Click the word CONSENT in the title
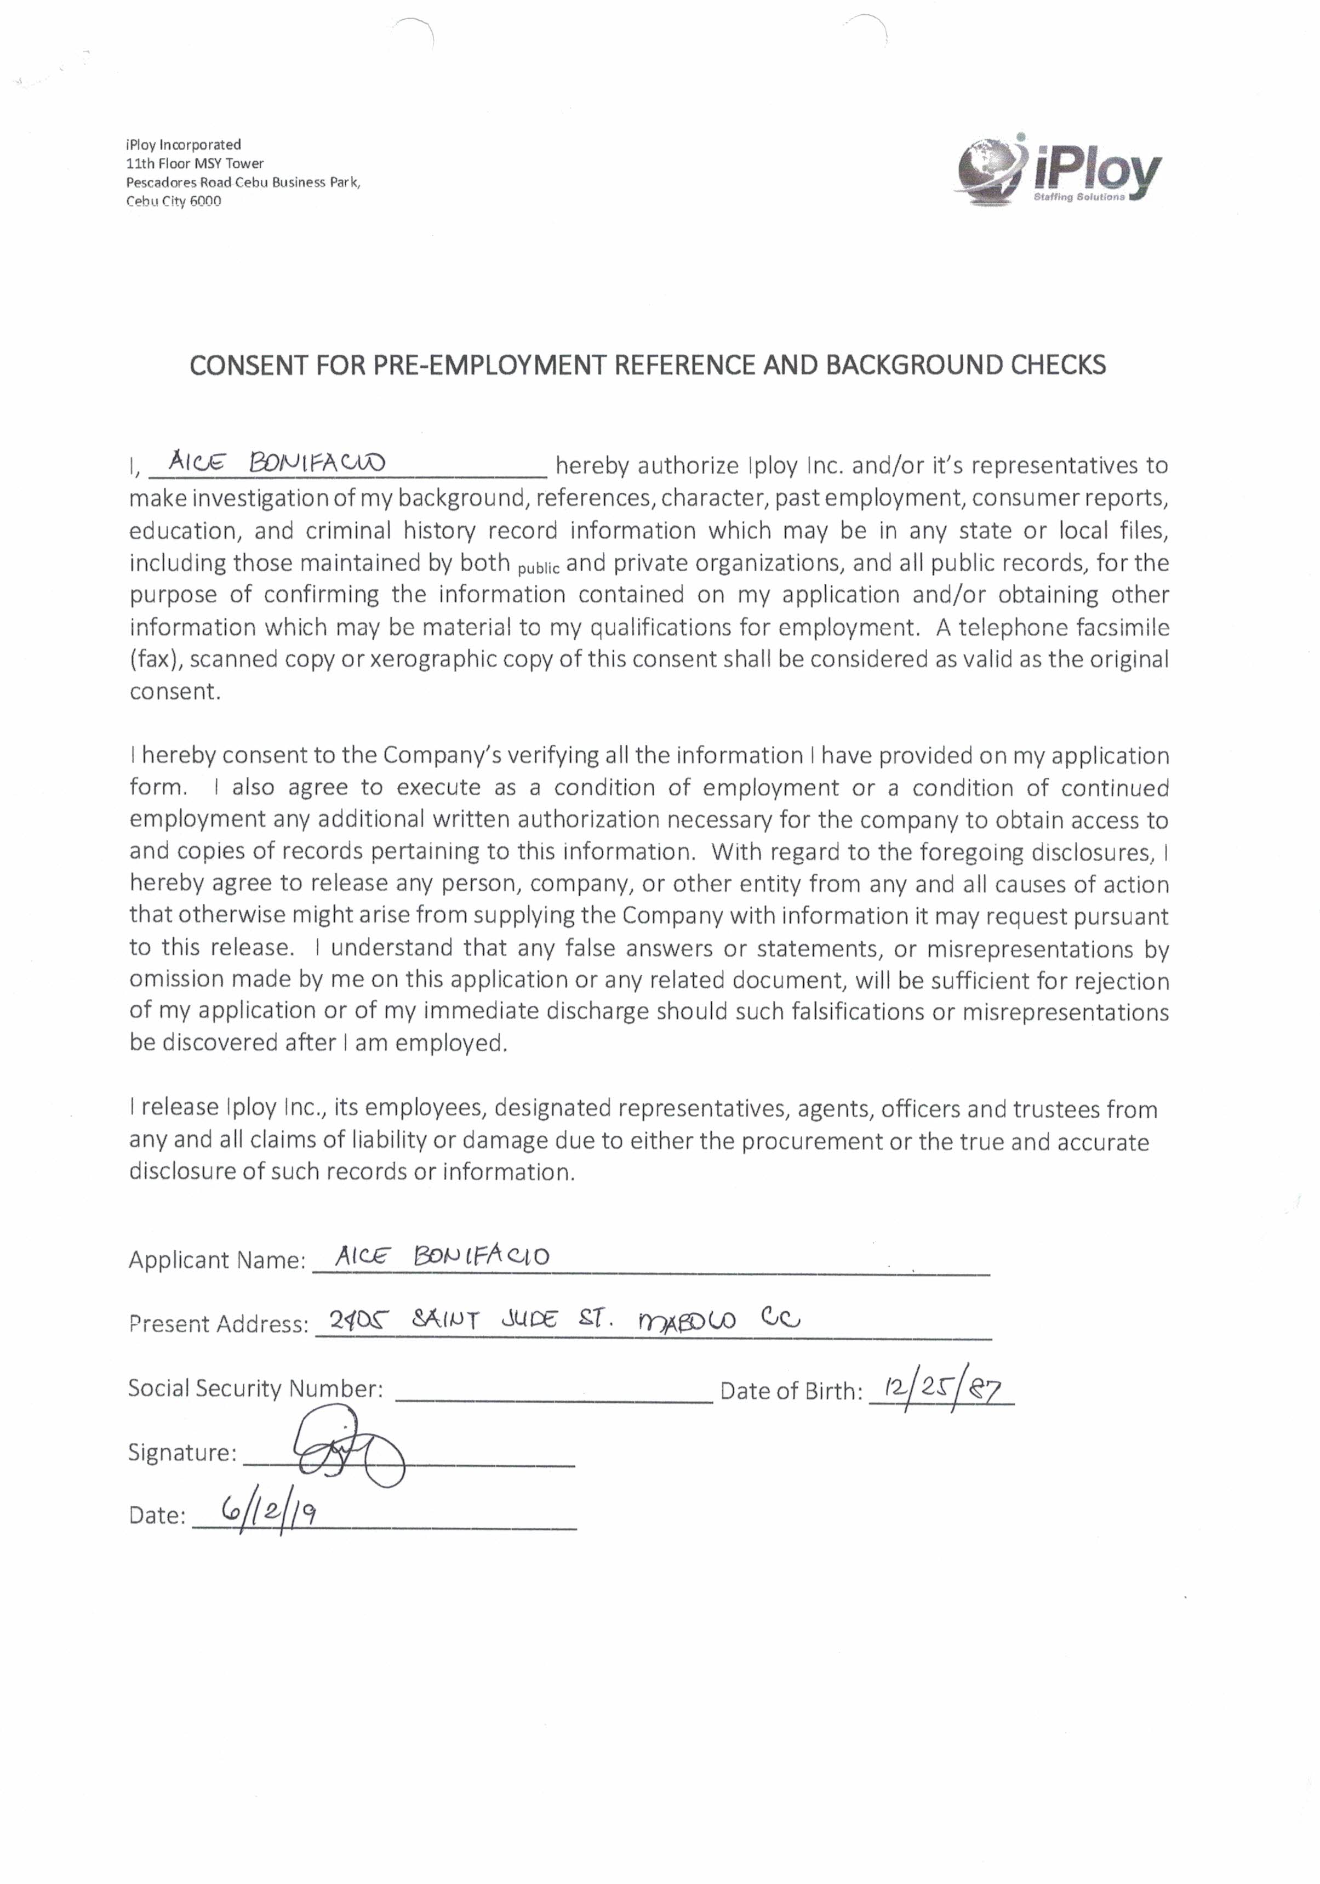tap(238, 365)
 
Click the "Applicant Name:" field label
tap(216, 1260)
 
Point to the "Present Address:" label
tap(218, 1324)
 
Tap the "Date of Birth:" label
tap(791, 1391)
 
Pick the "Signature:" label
tap(182, 1453)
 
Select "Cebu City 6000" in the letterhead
tap(173, 201)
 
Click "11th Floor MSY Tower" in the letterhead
tap(195, 163)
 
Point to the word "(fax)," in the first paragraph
tap(156, 660)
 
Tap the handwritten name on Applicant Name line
tap(442, 1255)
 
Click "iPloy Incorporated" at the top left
tap(183, 144)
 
